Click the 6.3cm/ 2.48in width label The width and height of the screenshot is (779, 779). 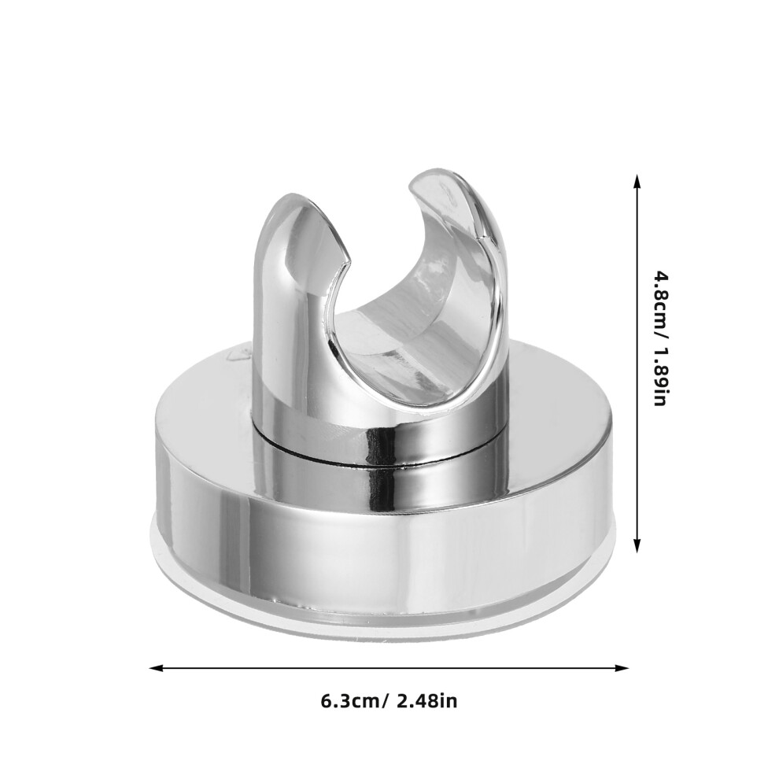point(389,702)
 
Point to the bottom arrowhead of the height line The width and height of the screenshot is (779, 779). point(637,545)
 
